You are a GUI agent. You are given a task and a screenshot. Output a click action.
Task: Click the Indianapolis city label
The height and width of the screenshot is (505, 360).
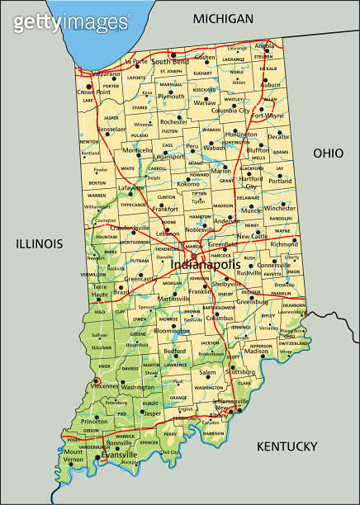203,266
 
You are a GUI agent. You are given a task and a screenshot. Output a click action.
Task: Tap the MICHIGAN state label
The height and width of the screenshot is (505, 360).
222,18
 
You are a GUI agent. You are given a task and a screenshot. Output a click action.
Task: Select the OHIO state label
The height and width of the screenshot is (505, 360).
327,153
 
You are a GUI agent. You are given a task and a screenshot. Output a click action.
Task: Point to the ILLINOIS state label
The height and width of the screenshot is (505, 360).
39,243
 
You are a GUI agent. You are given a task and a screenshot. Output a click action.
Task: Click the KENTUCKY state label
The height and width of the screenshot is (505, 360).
287,446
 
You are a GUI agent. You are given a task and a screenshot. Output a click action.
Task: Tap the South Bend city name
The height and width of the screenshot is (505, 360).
169,61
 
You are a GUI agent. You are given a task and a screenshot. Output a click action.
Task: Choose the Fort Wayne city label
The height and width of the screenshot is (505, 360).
268,116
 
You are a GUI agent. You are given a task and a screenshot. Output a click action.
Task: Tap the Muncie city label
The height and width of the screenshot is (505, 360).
251,210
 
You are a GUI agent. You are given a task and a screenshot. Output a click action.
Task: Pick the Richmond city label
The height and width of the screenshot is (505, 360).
284,244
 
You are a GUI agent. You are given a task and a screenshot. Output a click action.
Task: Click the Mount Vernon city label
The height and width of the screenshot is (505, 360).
73,455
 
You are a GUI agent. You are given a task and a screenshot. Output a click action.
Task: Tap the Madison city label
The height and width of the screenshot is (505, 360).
257,352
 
